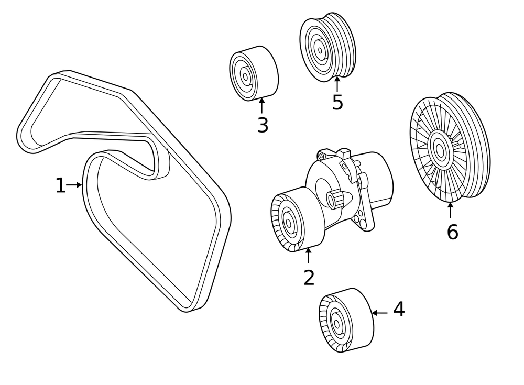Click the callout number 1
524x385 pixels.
click(61, 185)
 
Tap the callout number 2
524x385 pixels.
click(309, 278)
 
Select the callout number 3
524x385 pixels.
click(263, 125)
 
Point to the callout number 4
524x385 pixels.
click(399, 310)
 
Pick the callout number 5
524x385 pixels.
click(337, 103)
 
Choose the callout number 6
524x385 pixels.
click(452, 232)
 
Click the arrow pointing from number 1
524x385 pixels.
click(74, 185)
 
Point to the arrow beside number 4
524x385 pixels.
click(379, 313)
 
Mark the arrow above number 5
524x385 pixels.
click(337, 84)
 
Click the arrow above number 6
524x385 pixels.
click(450, 210)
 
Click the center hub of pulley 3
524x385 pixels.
click(245, 76)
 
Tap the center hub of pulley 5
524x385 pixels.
click(319, 50)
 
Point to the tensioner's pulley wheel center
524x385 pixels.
click(289, 222)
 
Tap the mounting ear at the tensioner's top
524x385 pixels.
click(323, 156)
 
